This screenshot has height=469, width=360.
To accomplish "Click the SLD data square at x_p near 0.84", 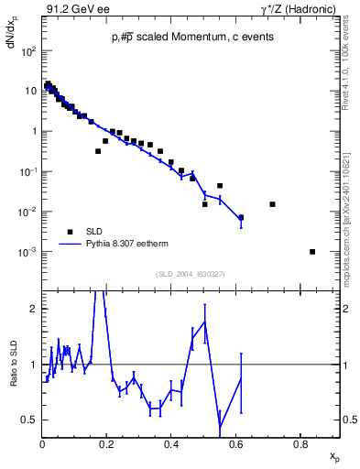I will [x=313, y=252].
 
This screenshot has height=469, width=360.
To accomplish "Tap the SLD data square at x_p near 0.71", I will [x=272, y=204].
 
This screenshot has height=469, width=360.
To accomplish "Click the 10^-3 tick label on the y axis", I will [x=28, y=252].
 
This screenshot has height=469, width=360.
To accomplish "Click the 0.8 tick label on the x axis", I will [x=300, y=444].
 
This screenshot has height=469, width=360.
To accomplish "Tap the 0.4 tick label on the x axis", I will [x=171, y=444].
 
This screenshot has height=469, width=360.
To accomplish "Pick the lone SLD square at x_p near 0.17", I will [x=98, y=151].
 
